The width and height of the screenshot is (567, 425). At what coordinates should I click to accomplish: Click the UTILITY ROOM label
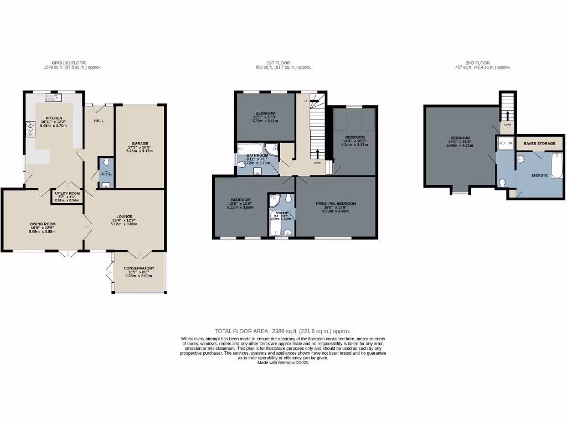(x=68, y=194)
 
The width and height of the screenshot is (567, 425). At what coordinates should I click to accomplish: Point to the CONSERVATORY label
(x=139, y=268)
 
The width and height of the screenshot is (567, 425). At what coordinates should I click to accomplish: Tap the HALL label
(x=99, y=121)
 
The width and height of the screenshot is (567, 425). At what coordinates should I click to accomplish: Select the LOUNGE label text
(x=124, y=216)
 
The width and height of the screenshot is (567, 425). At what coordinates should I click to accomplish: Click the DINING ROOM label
(x=43, y=224)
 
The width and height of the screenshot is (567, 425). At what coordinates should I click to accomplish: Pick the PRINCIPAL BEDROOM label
(x=336, y=204)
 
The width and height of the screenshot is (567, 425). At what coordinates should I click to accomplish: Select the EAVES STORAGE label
(x=539, y=143)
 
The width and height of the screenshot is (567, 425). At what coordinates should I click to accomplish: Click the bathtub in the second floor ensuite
(x=556, y=166)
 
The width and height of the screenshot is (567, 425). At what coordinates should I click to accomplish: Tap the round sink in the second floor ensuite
(x=520, y=160)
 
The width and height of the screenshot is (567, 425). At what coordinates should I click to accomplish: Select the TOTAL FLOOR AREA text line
(x=283, y=331)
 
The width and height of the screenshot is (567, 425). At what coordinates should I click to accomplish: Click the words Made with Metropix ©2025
(x=283, y=362)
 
